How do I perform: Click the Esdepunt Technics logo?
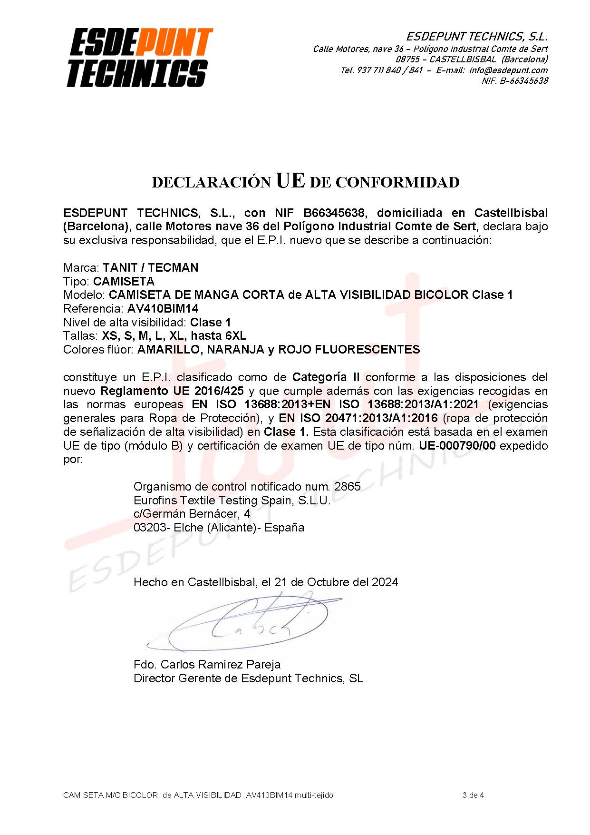pos(139,58)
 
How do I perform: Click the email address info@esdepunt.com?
pos(508,70)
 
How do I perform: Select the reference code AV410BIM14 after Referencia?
pos(163,308)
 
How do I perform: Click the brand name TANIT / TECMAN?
pos(151,267)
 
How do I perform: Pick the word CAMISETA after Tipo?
pos(124,281)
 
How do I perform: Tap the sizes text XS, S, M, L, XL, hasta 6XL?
pos(174,336)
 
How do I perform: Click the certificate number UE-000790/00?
pos(457,446)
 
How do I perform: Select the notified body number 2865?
pos(348,486)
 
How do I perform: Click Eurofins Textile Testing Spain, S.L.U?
pos(232,500)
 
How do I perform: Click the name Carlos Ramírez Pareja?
pos(221,664)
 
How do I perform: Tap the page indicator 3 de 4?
pos(473,795)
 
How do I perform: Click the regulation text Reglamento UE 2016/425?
pos(172,391)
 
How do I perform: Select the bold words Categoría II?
pos(326,377)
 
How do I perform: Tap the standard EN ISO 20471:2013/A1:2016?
pos(358,418)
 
